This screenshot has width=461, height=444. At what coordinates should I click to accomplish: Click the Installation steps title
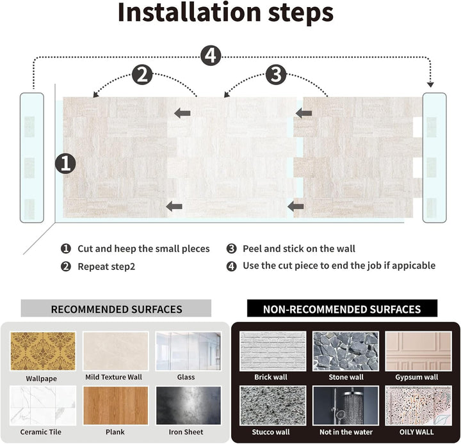tap(225, 13)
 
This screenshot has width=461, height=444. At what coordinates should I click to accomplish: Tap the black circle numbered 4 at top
tap(210, 56)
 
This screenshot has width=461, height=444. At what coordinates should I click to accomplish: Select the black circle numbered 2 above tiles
tap(142, 75)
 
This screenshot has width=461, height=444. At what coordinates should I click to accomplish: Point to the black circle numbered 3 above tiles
tap(275, 75)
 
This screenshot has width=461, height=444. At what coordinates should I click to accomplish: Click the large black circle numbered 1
tap(65, 163)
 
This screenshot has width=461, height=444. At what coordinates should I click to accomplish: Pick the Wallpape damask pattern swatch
tap(43, 351)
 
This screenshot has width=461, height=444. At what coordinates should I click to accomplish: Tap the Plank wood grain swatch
tap(115, 406)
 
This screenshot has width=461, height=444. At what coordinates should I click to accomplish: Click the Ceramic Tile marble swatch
tap(43, 406)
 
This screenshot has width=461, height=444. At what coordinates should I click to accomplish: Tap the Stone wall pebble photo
tap(346, 351)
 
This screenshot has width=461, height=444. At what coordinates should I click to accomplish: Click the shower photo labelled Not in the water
tap(346, 406)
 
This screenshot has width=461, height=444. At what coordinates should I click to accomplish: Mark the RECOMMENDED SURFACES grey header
tap(117, 309)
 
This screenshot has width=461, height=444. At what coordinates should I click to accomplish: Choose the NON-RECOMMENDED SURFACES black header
tap(342, 309)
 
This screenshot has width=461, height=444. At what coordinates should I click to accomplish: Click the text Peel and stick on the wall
tap(298, 248)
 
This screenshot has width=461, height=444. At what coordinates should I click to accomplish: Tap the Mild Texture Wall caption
tap(114, 377)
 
